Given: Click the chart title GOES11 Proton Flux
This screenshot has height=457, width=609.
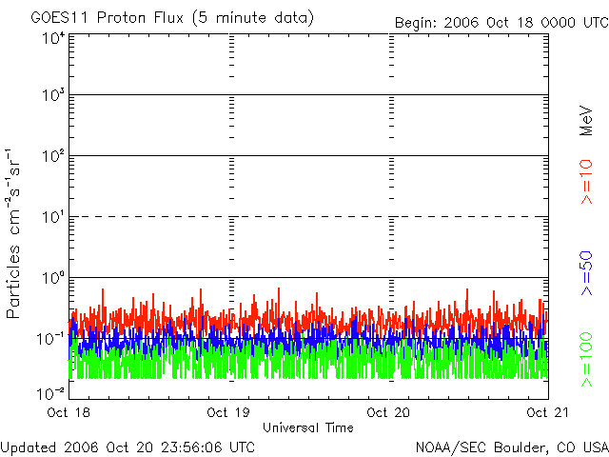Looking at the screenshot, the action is point(107,18).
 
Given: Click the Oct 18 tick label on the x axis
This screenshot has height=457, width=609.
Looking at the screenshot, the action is point(69,412).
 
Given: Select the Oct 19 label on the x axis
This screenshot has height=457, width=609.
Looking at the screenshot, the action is point(228,412).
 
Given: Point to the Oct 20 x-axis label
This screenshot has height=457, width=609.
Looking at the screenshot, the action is point(388,412).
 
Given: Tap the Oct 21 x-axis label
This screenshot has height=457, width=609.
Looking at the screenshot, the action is point(547,412).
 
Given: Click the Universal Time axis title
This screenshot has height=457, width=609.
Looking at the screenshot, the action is point(308,427).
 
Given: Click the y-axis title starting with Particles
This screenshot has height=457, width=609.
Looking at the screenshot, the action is point(12,234).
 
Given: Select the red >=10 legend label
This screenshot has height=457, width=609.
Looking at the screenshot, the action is point(586,182).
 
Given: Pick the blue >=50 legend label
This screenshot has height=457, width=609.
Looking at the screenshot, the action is point(586,273).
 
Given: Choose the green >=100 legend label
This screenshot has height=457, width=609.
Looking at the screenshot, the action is point(586,360).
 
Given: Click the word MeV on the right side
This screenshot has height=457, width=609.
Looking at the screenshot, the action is point(586,121).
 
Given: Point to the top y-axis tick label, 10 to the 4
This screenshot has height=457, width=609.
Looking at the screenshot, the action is point(53,38).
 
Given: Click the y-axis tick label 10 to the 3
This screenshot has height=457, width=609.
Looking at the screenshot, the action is point(53,95).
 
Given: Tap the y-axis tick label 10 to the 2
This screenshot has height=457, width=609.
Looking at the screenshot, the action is point(53,156).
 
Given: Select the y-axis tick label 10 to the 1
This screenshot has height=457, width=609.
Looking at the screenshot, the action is point(53,217).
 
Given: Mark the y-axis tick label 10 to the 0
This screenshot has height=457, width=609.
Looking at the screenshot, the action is point(53,278).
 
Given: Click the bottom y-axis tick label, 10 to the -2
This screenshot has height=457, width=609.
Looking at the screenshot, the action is point(50,393).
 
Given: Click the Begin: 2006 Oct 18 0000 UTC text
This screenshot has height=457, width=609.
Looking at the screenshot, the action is point(501,23).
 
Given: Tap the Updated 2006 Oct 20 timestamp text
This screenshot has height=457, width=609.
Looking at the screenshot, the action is point(128,447).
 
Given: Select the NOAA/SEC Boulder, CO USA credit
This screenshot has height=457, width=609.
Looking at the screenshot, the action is point(512,447).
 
